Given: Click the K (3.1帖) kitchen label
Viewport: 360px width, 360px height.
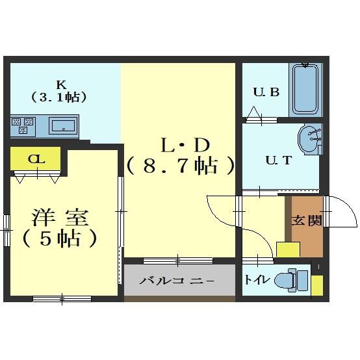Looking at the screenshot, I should pyautogui.click(x=60, y=90).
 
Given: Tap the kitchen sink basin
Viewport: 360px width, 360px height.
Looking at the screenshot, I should pyautogui.click(x=63, y=125).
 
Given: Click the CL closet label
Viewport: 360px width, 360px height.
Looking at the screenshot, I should pyautogui.click(x=36, y=159).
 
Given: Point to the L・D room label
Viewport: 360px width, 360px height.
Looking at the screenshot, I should pyautogui.click(x=179, y=144).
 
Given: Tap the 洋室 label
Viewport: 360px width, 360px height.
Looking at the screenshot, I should pyautogui.click(x=61, y=217).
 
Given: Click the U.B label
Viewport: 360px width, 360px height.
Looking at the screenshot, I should pyautogui.click(x=266, y=92).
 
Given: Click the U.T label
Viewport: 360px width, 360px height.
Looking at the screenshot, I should pyautogui.click(x=278, y=161).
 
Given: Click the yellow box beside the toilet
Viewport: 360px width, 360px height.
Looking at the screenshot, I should pyautogui.click(x=317, y=285).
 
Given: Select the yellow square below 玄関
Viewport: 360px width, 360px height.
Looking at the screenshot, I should pyautogui.click(x=287, y=250).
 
